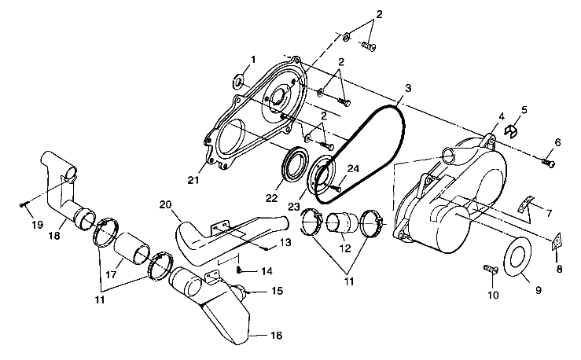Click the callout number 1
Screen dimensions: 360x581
coord(253,59)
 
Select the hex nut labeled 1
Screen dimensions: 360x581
coord(238,80)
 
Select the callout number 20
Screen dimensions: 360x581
coord(165,204)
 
